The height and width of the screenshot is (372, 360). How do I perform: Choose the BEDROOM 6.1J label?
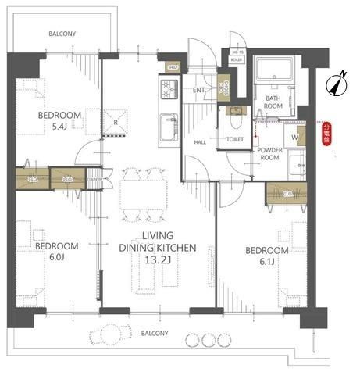266,256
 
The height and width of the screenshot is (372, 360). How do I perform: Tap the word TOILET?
235,139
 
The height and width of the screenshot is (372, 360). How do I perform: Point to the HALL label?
200,141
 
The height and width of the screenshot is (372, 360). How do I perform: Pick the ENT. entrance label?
198,90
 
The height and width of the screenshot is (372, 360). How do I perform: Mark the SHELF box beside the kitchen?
173,68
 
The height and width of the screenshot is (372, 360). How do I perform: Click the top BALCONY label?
62,34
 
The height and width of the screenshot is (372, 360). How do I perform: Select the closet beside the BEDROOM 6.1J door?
286,191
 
